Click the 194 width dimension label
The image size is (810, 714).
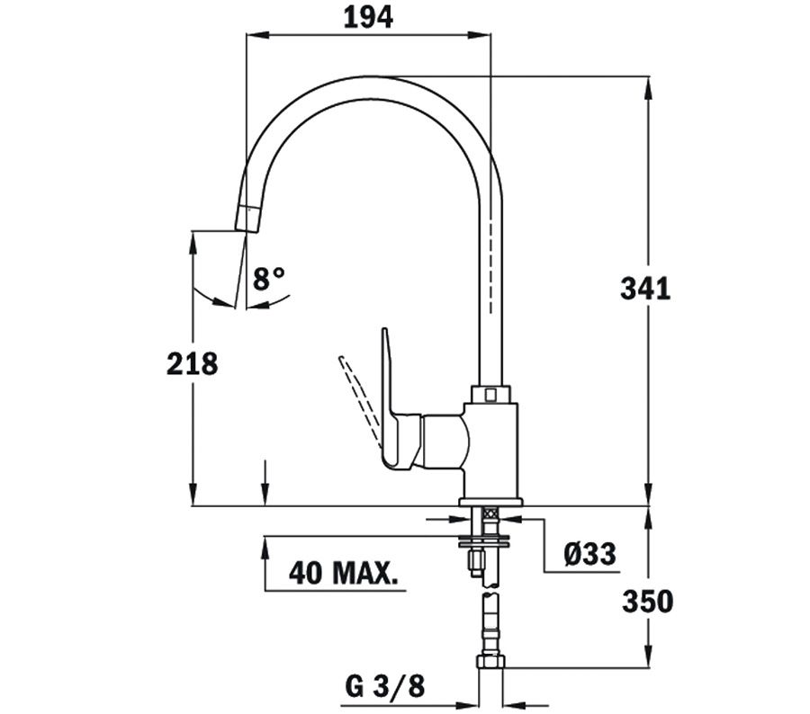pyautogui.click(x=368, y=18)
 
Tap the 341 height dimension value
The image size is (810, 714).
pyautogui.click(x=645, y=289)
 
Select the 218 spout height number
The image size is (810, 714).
pyautogui.click(x=193, y=363)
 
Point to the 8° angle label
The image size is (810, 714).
pyautogui.click(x=268, y=279)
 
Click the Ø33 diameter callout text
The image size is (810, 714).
pyautogui.click(x=589, y=554)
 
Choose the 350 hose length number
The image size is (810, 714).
pyautogui.click(x=647, y=601)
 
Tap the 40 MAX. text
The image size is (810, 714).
pyautogui.click(x=344, y=573)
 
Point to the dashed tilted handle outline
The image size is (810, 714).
pyautogui.click(x=359, y=397)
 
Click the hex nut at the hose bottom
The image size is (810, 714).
pyautogui.click(x=490, y=661)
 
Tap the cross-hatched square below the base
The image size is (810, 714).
pyautogui.click(x=490, y=513)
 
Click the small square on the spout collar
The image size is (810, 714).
pyautogui.click(x=490, y=396)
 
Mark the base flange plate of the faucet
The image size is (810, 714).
pyautogui.click(x=490, y=501)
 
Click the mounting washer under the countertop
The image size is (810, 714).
pyautogui.click(x=483, y=540)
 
